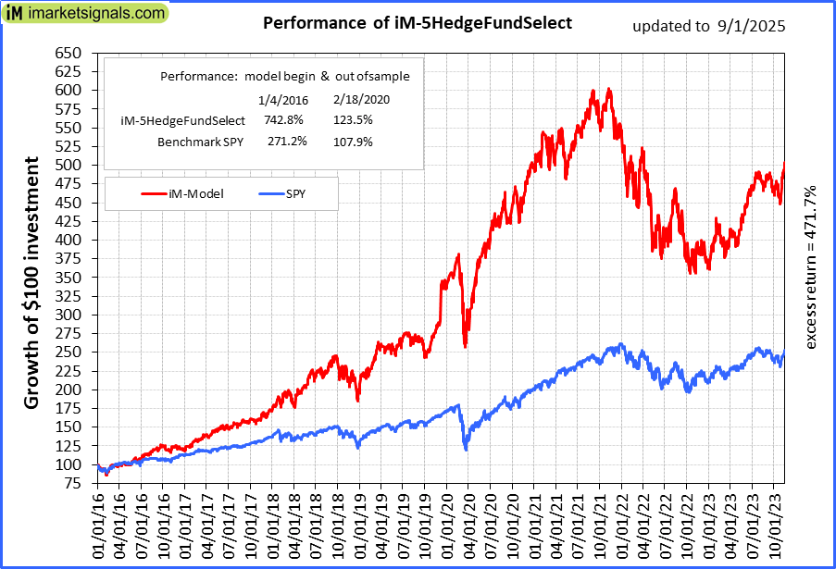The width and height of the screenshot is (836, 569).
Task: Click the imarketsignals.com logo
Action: point(86,14)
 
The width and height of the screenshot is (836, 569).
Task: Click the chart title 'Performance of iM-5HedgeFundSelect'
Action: point(418,22)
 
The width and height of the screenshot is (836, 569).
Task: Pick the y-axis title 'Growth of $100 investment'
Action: point(31,282)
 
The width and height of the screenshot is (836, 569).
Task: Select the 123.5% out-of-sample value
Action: point(351,120)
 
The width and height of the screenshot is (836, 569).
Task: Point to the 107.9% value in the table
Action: point(351,142)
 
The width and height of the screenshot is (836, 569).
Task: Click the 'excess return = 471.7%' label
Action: point(811,267)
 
